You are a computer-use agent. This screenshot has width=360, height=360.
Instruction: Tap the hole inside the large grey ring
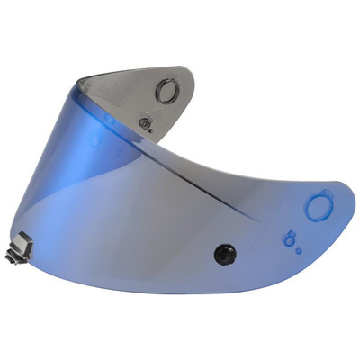point(166,92)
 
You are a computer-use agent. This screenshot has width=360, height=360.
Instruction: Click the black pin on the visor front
point(223,254)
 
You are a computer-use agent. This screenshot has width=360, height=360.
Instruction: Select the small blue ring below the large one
point(289,239)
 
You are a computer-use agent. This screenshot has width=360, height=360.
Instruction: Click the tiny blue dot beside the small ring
point(300,247)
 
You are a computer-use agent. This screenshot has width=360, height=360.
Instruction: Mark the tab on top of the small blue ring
point(289,231)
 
